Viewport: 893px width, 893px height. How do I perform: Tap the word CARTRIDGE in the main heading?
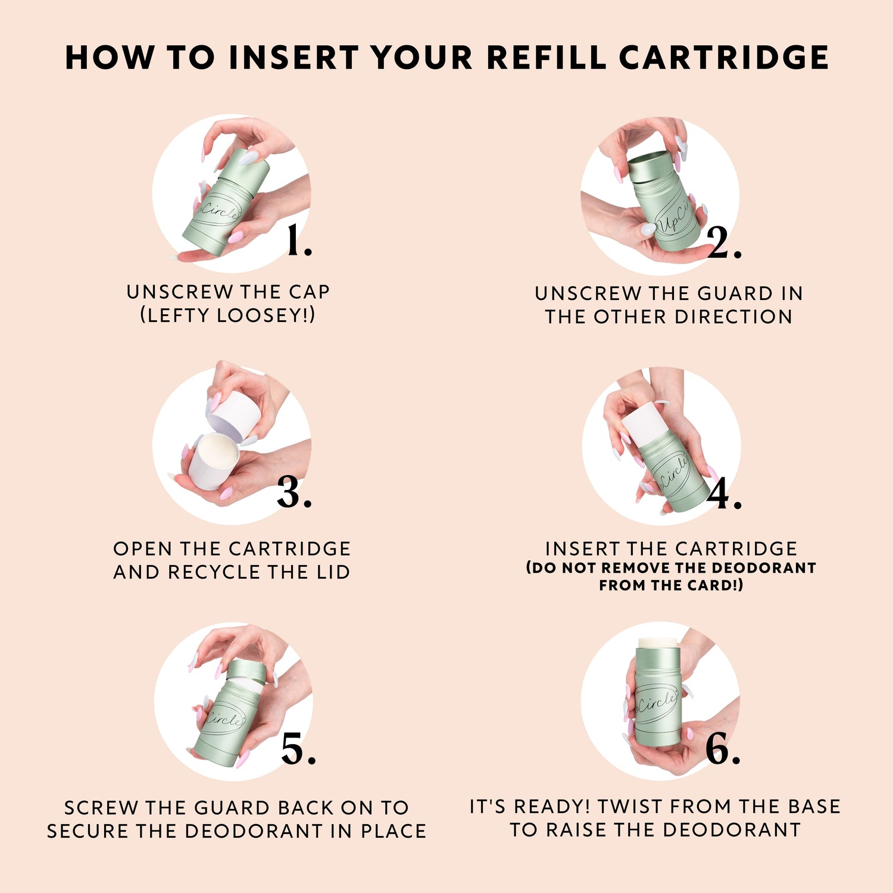coord(724,58)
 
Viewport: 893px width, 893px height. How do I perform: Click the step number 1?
coord(298,241)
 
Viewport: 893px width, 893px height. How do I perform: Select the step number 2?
coord(725,242)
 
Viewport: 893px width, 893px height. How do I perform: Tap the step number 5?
coord(298,748)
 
